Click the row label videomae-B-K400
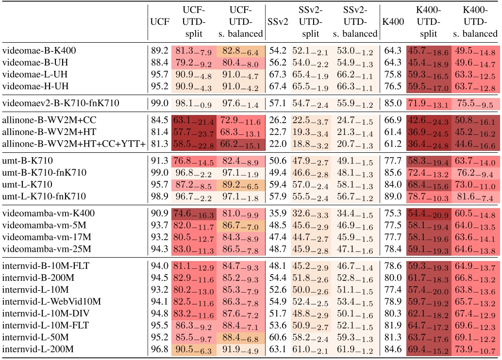(x=39, y=50)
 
